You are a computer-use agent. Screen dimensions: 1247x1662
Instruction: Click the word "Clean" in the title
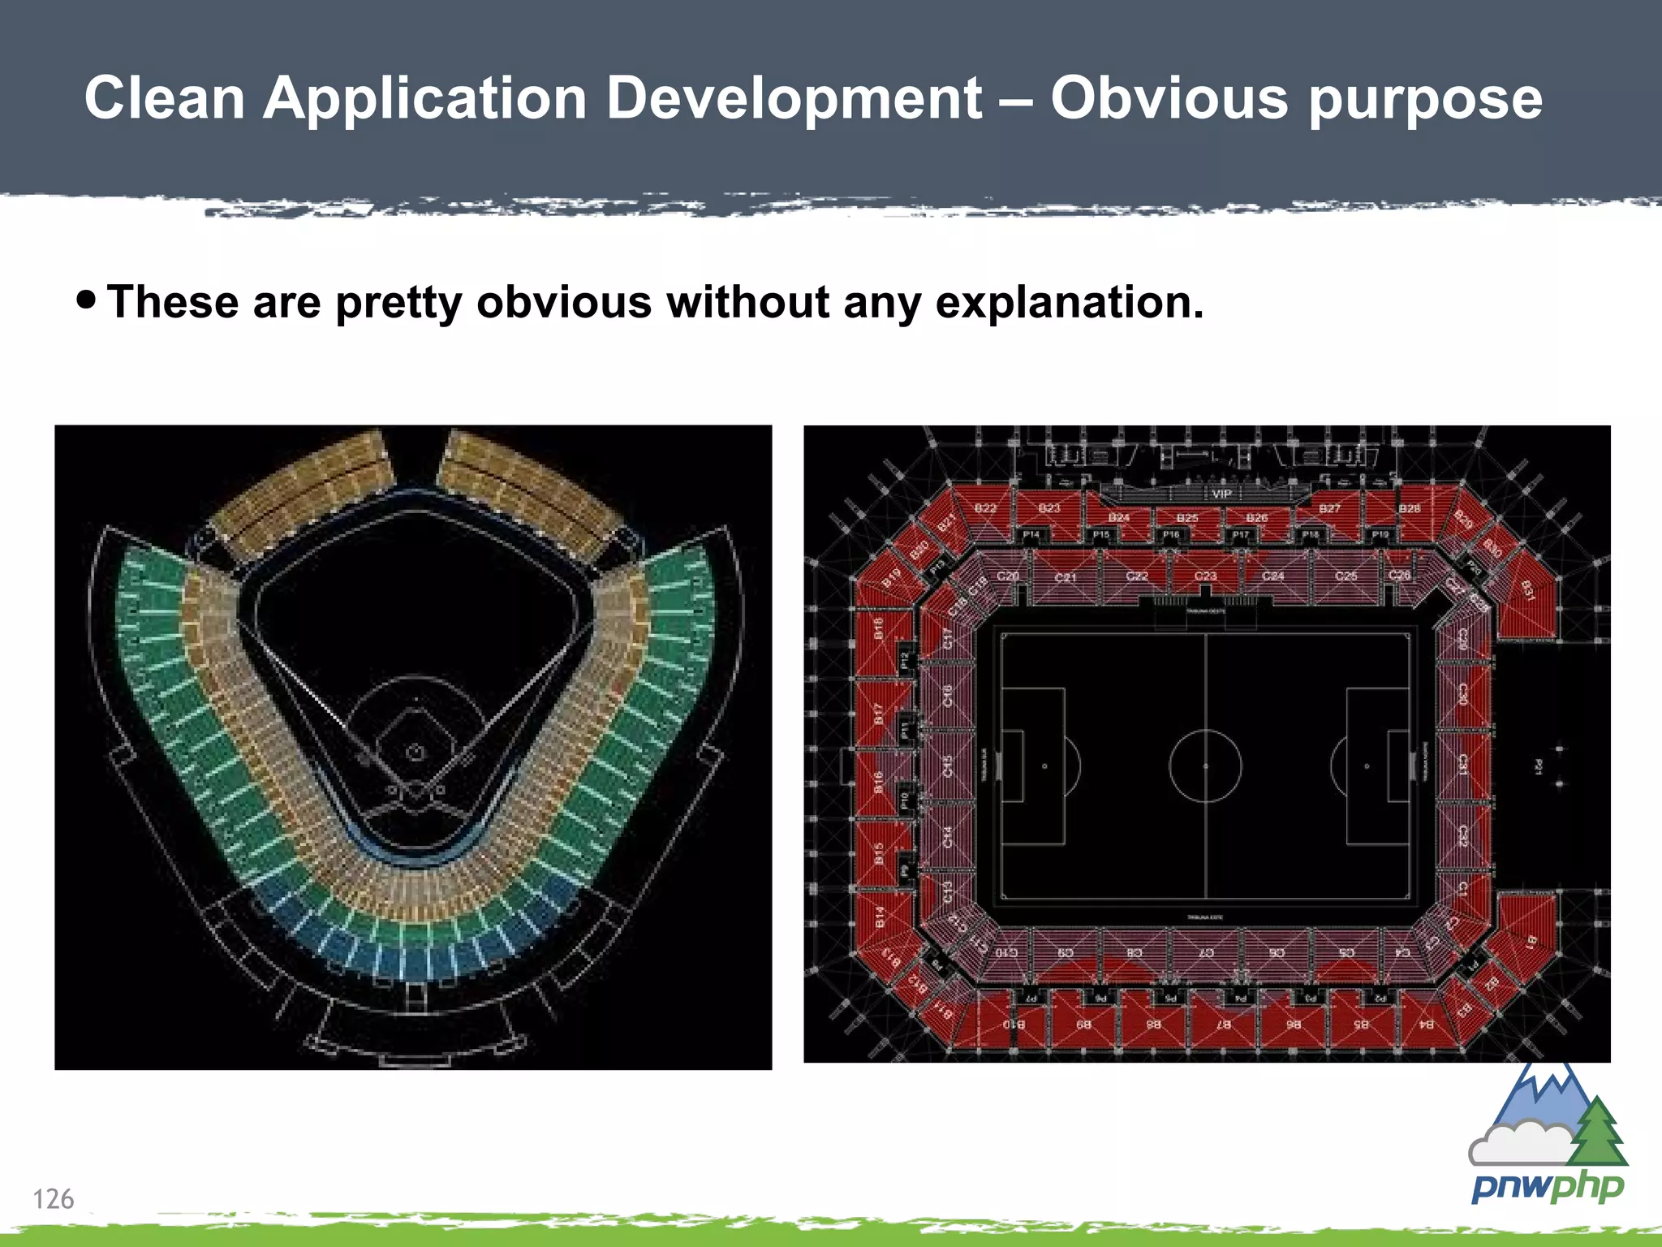[x=165, y=98]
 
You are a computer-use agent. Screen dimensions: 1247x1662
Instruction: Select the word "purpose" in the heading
[x=1425, y=98]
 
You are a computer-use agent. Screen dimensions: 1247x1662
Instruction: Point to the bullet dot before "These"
[x=86, y=300]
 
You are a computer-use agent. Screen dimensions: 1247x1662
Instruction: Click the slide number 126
[x=53, y=1198]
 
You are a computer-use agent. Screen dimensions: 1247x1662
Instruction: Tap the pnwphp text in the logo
[x=1547, y=1188]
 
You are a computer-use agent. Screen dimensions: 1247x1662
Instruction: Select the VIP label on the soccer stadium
[x=1221, y=494]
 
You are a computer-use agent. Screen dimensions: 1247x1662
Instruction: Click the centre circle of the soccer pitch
[x=1205, y=766]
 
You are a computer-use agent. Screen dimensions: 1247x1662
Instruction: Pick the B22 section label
[x=985, y=508]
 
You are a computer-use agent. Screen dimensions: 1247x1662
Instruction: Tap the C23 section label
[x=1205, y=576]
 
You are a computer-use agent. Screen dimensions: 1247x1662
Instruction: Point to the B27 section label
[x=1329, y=508]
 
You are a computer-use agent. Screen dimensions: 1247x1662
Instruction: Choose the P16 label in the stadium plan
[x=1171, y=535]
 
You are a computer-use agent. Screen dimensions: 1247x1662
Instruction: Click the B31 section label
[x=1527, y=590]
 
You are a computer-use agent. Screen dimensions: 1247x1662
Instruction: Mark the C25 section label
[x=1346, y=576]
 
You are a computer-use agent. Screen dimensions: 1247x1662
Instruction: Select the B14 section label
[x=880, y=917]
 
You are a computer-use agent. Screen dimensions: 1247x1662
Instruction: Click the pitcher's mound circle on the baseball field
[x=415, y=752]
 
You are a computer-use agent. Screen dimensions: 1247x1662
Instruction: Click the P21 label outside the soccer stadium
[x=1538, y=765]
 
